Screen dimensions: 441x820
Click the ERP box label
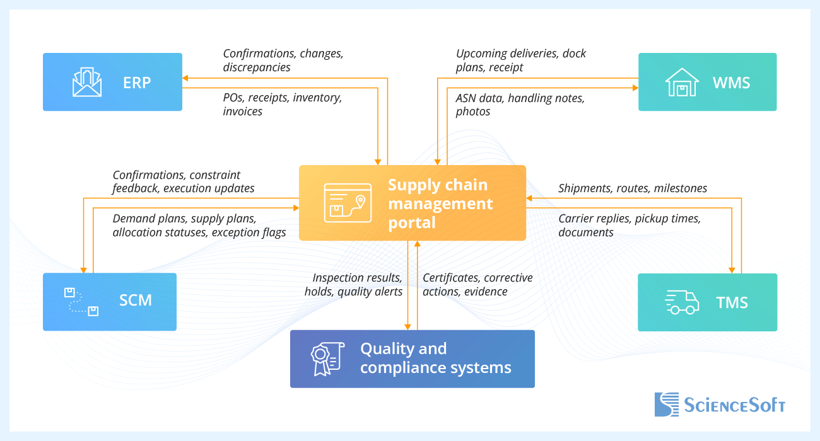(x=137, y=83)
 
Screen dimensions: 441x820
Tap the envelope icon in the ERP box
(x=87, y=83)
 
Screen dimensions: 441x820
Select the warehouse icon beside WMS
(x=682, y=83)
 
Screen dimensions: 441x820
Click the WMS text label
(x=731, y=83)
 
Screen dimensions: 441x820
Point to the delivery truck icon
(x=682, y=302)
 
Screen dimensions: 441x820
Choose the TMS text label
(x=732, y=302)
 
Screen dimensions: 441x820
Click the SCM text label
(x=136, y=300)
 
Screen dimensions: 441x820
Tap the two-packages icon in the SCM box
(x=81, y=301)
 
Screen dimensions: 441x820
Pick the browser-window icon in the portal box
(x=344, y=203)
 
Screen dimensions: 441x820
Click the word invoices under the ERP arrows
(x=242, y=112)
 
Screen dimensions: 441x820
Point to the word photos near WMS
(x=472, y=112)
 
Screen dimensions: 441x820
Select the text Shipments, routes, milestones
(x=632, y=188)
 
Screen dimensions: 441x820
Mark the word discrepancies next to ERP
(x=256, y=67)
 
